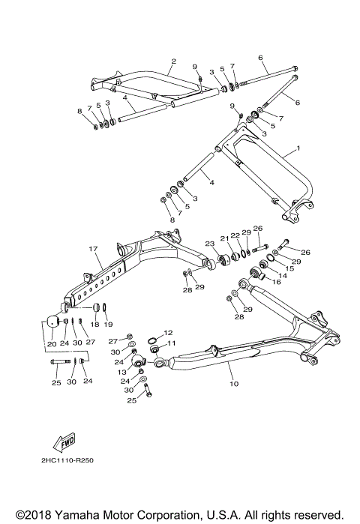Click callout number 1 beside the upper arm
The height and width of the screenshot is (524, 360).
[298, 148]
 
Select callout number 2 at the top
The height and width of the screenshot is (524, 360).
[173, 61]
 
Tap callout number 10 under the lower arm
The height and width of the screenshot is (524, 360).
[233, 384]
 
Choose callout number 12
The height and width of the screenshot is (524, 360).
[169, 332]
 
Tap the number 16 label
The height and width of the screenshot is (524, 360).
[276, 283]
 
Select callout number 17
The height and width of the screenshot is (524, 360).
[94, 249]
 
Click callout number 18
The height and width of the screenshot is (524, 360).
[94, 325]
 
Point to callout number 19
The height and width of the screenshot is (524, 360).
[108, 325]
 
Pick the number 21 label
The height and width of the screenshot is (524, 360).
[223, 238]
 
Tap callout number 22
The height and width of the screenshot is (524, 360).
[235, 236]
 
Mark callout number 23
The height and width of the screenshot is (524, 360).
[210, 244]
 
